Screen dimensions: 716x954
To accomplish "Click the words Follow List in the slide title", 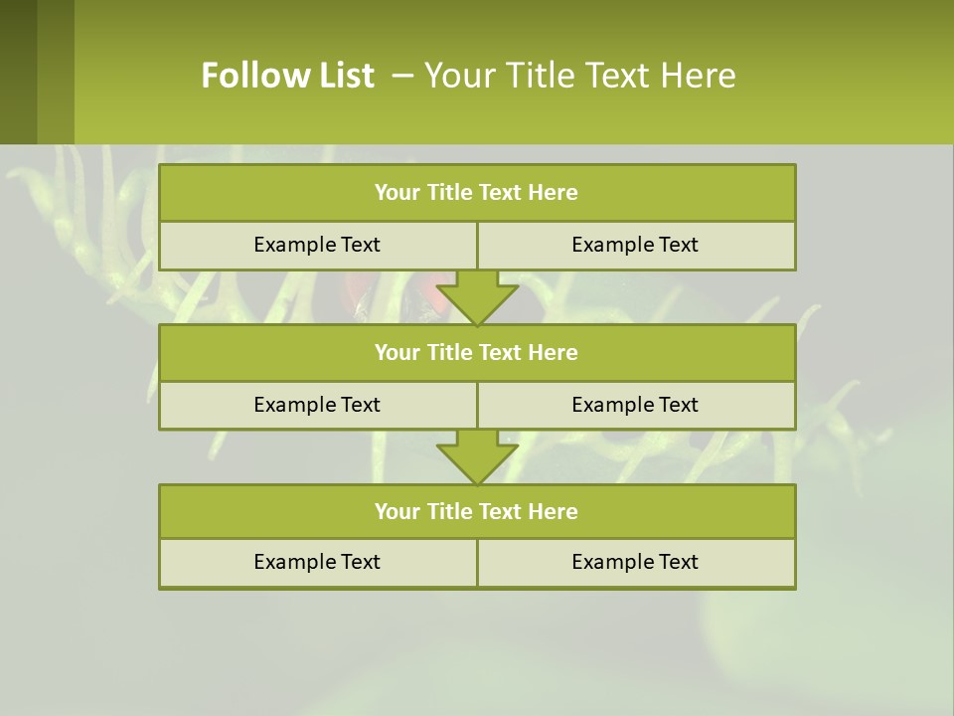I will point(287,76).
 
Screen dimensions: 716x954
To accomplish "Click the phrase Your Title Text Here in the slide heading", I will point(580,76).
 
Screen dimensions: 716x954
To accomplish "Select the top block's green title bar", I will point(477,193).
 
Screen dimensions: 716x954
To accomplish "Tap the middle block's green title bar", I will point(477,352).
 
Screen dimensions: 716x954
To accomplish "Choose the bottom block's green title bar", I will point(477,511).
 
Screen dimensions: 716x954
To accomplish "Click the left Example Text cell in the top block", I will point(317,245).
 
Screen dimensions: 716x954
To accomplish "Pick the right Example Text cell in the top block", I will point(635,245).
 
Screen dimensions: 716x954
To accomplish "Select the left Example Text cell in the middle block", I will point(317,405).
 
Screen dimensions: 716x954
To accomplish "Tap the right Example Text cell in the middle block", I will point(635,405).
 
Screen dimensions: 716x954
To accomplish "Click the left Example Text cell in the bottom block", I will point(317,562).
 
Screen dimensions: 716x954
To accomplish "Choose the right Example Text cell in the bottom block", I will point(635,562).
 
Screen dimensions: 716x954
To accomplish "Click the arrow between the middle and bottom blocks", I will point(477,456).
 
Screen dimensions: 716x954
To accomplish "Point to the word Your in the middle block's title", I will point(396,352).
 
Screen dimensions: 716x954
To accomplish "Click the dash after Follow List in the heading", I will point(402,76).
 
